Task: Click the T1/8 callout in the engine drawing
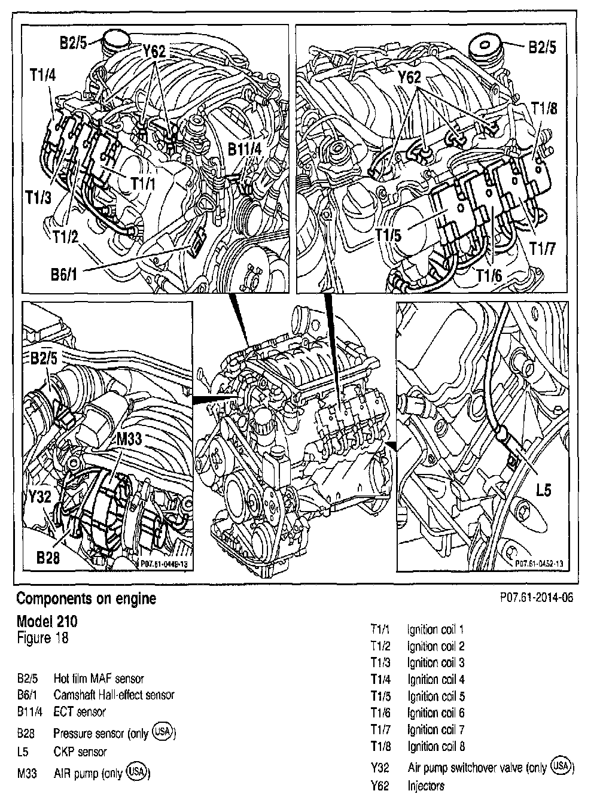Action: tap(544, 108)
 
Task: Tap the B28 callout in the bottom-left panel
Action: tap(48, 557)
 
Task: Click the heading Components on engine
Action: tap(86, 598)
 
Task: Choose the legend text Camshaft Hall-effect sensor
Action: tap(114, 695)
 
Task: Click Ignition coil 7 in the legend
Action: tap(436, 729)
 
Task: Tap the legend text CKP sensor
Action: tap(80, 752)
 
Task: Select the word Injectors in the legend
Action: tap(427, 785)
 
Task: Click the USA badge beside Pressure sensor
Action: tap(162, 731)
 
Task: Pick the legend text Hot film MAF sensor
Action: tap(99, 679)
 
